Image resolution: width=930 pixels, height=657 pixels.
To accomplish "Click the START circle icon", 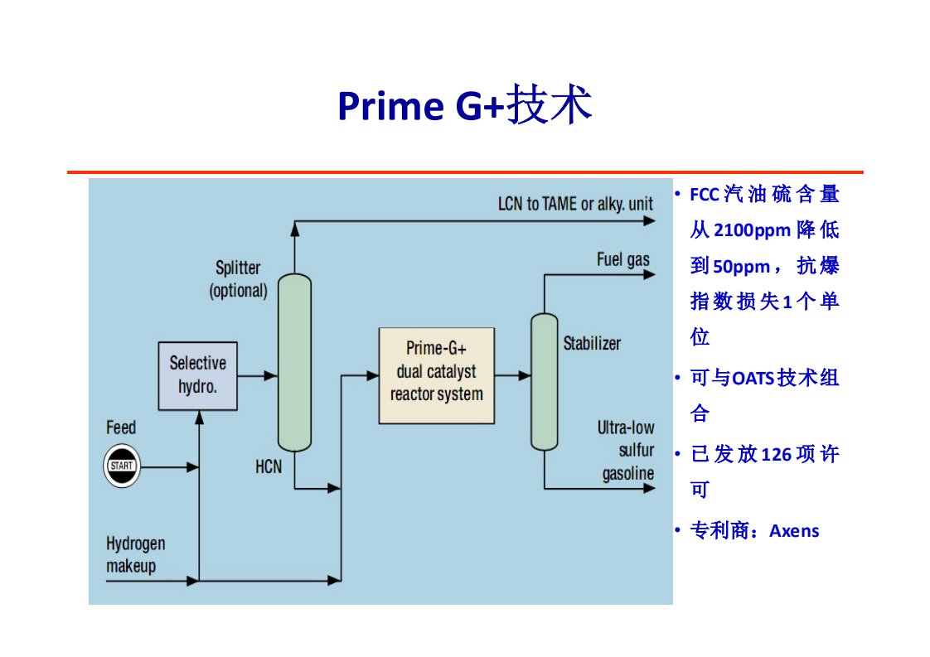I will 121,466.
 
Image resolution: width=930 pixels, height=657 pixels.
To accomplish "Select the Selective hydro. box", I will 197,375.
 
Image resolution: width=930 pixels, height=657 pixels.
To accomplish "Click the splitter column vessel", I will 293,362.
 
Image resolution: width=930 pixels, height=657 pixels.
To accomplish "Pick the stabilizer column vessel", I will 544,381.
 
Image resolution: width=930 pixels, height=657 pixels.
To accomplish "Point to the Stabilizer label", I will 592,343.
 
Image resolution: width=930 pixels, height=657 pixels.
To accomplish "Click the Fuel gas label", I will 623,260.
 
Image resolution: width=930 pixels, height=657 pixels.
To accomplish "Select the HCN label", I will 269,467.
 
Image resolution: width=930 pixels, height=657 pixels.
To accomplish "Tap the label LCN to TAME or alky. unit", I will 575,204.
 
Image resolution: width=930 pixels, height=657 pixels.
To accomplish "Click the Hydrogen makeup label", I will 135,555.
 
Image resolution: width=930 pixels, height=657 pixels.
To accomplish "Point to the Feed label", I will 121,428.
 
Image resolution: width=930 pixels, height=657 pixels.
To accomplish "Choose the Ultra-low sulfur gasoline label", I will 627,451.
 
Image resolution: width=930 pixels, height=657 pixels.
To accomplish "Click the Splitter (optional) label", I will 238,279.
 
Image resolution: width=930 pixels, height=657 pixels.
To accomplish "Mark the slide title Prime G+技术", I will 464,106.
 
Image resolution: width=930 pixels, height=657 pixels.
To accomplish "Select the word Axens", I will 794,531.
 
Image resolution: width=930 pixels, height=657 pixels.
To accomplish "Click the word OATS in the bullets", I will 750,379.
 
